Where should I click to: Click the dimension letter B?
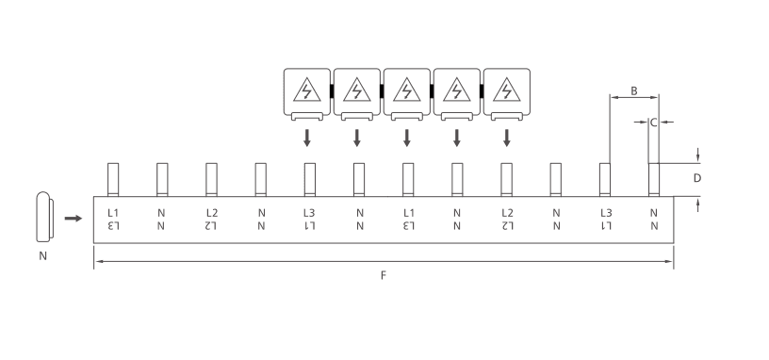pos(634,90)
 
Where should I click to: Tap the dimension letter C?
pos(653,123)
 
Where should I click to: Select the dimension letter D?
pos(697,178)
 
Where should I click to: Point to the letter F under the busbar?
pos(384,275)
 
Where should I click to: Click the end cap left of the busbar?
pos(44,217)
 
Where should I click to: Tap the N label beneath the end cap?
pos(43,256)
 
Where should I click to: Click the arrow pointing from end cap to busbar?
pos(74,219)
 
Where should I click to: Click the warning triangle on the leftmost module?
pos(307,90)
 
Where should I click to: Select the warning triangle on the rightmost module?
pos(507,90)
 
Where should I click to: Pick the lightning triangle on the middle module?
pos(406,90)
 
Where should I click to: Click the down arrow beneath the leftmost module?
pos(307,138)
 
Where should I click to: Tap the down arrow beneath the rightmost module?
pos(507,138)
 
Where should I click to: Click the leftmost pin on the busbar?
pos(113,180)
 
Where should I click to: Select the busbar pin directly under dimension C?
pos(654,180)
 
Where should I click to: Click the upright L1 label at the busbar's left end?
pos(113,213)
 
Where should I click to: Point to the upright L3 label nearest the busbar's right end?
pos(606,213)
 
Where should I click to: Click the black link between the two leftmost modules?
pos(332,91)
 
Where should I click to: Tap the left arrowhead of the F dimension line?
pos(99,261)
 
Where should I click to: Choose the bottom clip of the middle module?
pos(406,116)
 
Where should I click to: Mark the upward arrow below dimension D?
pos(697,206)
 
